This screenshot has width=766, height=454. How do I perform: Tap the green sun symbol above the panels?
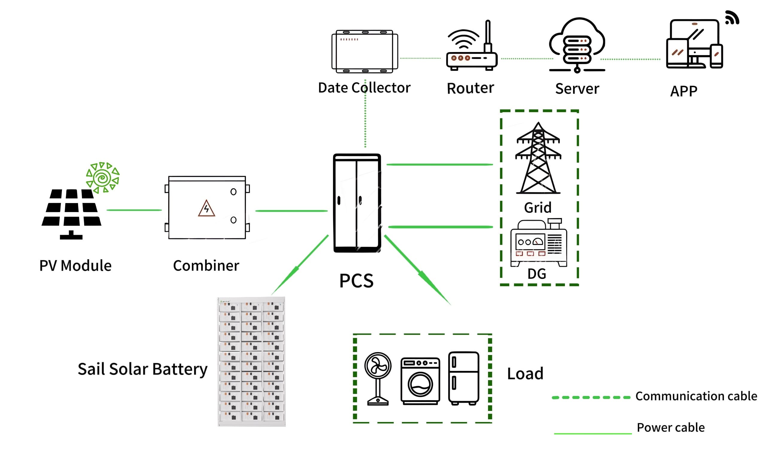point(103,178)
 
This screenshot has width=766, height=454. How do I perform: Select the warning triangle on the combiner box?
point(206,208)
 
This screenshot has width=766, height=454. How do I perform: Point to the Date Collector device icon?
point(364,51)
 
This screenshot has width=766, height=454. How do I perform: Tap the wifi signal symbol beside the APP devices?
point(732,17)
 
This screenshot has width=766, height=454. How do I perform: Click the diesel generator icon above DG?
point(538,243)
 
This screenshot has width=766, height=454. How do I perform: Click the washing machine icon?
point(420,381)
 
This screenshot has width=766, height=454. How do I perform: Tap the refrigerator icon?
point(463,378)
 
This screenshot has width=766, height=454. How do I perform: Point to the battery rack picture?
point(251,361)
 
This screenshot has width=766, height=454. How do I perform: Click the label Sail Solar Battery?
point(142,369)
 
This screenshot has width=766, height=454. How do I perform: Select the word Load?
point(525,374)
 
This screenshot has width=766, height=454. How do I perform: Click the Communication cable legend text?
point(696,396)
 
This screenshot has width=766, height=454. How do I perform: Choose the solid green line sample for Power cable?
point(592,433)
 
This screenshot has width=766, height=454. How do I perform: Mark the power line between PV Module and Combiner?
point(134,210)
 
